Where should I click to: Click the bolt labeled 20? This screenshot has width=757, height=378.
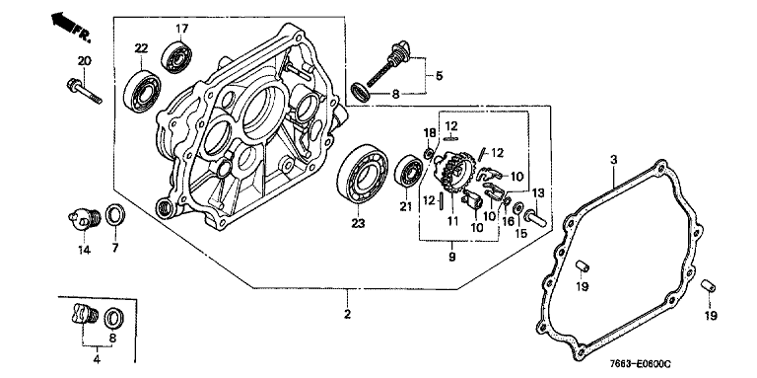(85, 92)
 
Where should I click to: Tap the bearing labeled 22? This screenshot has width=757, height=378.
(142, 91)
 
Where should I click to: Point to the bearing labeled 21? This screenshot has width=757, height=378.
(409, 171)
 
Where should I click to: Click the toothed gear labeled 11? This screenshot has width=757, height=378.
(452, 171)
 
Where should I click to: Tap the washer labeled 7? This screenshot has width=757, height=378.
(115, 214)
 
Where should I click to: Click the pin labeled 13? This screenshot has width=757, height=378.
(535, 217)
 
